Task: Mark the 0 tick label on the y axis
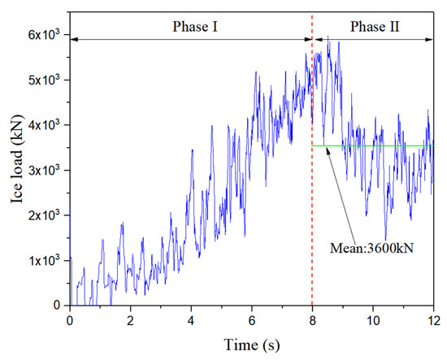pos(59,306)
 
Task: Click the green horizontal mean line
pos(406,146)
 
